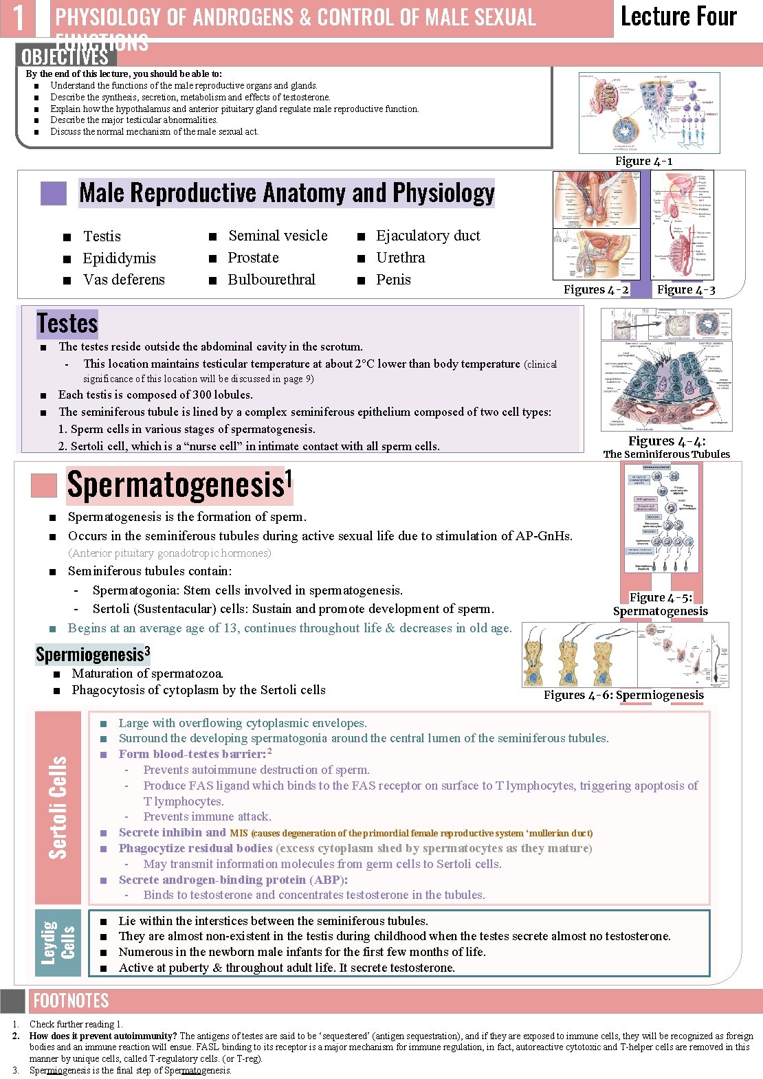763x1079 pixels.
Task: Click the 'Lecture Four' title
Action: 678,16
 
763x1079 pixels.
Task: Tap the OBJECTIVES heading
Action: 65,56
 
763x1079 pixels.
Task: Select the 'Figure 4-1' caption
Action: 643,162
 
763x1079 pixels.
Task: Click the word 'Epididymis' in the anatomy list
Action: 119,258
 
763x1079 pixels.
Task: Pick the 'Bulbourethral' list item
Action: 272,280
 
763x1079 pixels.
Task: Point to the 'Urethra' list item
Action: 401,258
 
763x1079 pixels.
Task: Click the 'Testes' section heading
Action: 67,323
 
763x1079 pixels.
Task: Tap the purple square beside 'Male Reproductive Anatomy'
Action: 54,194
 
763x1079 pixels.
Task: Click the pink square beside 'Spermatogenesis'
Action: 44,485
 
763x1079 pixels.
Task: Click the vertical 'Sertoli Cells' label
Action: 58,808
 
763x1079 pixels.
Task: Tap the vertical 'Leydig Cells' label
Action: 58,942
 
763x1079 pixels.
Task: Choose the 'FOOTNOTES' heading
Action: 71,1001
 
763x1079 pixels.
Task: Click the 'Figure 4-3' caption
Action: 686,290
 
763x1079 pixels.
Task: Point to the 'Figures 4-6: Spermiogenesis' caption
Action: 623,695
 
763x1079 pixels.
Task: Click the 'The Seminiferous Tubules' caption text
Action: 666,454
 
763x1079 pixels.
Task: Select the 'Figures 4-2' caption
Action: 596,290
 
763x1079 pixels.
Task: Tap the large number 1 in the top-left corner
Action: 19,18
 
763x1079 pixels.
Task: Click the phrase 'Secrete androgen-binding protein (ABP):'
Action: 233,880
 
